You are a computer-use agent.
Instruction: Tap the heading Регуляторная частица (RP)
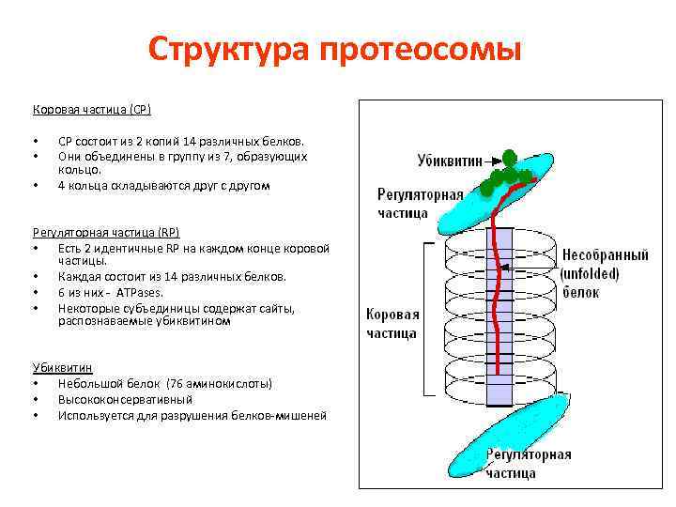click(105, 232)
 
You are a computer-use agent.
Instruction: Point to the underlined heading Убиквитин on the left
click(62, 368)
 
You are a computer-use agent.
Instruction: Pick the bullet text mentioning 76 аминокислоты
click(165, 384)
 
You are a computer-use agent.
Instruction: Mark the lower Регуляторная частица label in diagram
click(528, 464)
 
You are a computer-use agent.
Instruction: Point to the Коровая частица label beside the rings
click(392, 324)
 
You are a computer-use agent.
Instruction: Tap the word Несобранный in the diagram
click(605, 254)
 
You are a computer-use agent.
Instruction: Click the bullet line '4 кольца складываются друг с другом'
click(163, 186)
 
